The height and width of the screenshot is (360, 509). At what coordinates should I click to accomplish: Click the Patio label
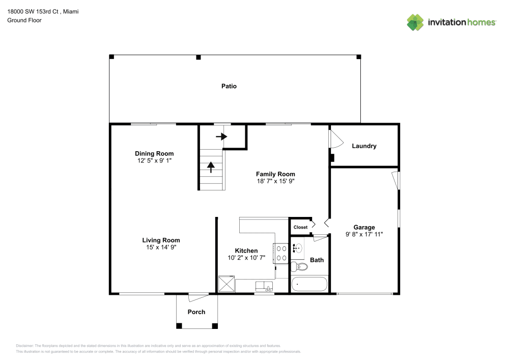(x=229, y=86)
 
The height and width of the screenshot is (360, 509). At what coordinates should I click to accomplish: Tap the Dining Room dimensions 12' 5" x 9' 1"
(x=154, y=160)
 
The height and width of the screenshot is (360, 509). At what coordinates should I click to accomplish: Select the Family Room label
(x=275, y=174)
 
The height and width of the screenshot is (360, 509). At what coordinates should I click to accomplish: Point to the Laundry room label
(x=364, y=146)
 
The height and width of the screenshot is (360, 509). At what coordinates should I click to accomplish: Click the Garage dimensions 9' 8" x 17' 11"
(x=364, y=234)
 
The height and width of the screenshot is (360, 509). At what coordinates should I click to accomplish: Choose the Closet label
(x=300, y=227)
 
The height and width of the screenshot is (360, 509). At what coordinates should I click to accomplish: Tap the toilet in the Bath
(x=299, y=267)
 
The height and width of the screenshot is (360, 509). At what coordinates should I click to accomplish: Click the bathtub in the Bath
(x=309, y=284)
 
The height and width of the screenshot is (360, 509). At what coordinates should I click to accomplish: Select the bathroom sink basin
(x=298, y=248)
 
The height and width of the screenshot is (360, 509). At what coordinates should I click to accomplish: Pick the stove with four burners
(x=281, y=253)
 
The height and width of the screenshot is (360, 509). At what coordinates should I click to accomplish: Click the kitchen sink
(x=264, y=287)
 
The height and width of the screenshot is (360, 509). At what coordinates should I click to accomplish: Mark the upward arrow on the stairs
(x=211, y=167)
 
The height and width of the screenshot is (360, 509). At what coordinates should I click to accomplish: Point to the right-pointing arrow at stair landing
(x=221, y=136)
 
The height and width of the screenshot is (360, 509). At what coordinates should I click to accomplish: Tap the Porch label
(x=196, y=312)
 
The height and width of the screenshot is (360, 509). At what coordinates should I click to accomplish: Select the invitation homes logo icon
(x=415, y=22)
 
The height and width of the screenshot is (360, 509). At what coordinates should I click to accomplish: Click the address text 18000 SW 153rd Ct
(x=33, y=11)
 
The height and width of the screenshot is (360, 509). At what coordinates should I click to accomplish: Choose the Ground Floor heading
(x=24, y=20)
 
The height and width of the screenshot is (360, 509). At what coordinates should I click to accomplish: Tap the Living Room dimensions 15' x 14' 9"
(x=161, y=247)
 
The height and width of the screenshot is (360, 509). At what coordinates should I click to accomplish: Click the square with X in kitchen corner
(x=227, y=284)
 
